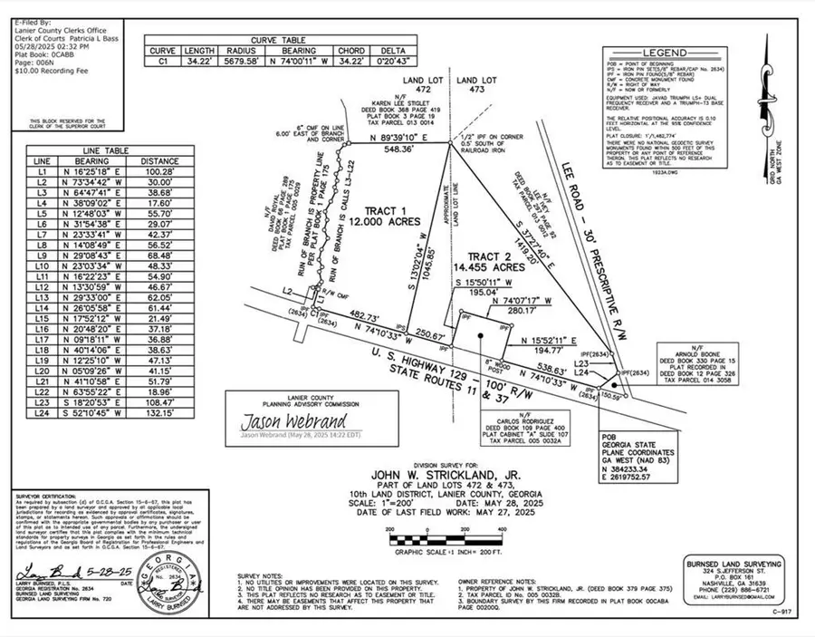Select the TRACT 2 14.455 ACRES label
pyautogui.click(x=490, y=262)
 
